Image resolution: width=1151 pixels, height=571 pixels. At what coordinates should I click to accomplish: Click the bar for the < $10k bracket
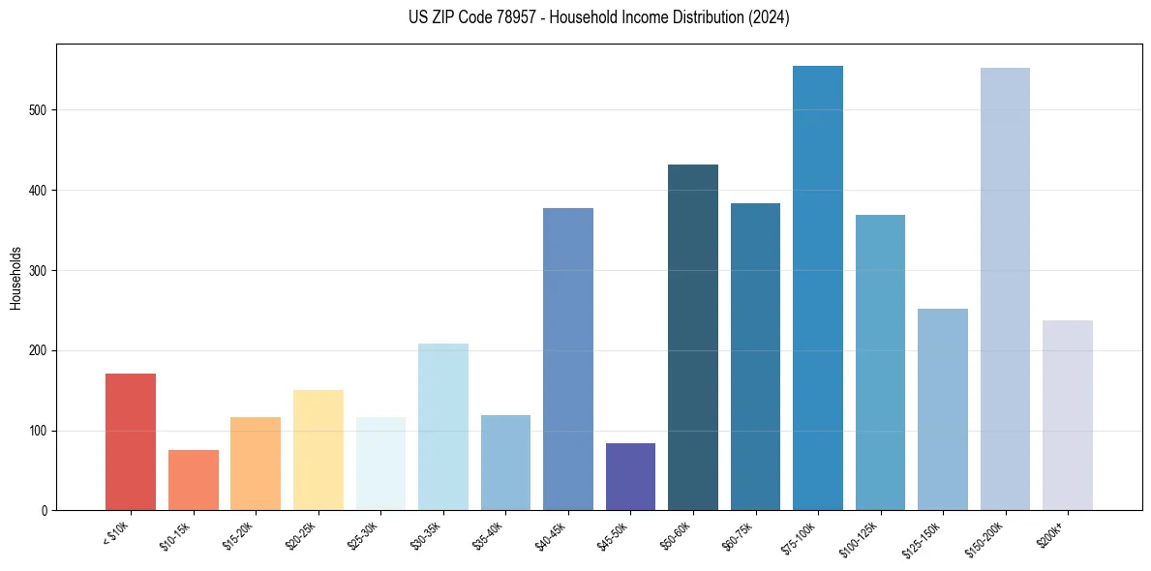131,441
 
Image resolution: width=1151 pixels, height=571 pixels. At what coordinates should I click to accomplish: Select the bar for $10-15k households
193,480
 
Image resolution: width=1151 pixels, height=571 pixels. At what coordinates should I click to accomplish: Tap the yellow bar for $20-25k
318,450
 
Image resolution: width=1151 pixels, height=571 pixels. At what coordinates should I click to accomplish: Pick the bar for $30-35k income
442,427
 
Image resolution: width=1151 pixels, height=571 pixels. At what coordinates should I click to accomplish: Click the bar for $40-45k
567,359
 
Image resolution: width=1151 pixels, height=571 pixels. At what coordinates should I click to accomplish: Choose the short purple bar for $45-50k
630,476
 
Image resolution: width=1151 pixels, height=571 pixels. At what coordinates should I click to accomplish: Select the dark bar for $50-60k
693,338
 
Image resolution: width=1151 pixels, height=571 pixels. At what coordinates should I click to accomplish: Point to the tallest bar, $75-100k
818,287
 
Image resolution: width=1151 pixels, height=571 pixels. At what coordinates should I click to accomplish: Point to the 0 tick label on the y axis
45,511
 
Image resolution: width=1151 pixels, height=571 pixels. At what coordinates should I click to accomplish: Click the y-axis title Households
16,277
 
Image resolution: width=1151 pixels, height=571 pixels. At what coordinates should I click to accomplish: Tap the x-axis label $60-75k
737,533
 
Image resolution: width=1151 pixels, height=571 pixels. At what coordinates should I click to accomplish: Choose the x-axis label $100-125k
860,536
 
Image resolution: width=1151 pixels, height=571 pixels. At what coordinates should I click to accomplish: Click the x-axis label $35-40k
487,533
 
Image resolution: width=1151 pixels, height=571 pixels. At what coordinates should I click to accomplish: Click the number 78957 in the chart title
516,18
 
